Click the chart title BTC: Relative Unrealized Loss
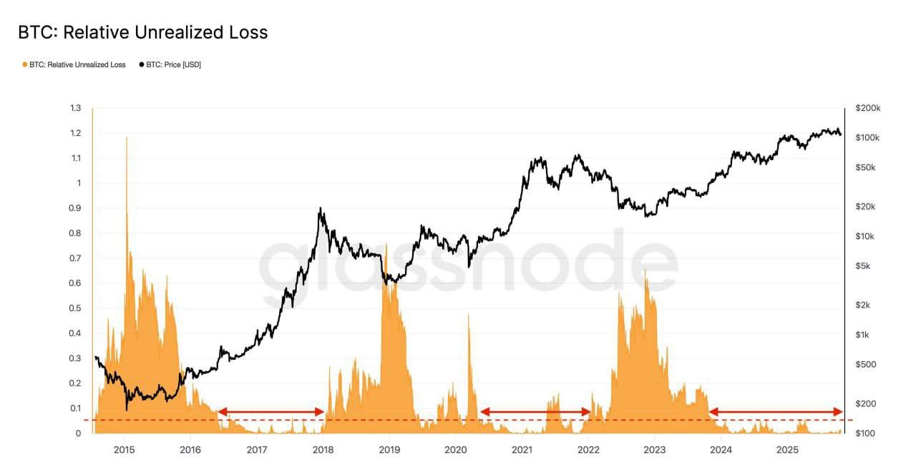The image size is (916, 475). pos(142,32)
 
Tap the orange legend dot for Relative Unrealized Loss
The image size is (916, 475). pos(25,64)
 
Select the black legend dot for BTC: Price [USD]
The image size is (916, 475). pos(142,64)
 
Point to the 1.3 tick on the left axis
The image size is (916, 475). pos(75,108)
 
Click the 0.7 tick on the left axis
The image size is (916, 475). pos(75,258)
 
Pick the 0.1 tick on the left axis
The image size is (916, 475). pos(75,408)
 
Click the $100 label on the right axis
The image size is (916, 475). pos(865,434)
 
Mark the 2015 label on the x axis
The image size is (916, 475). pos(125,449)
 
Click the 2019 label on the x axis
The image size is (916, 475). pos(389,449)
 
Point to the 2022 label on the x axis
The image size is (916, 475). pos(588,449)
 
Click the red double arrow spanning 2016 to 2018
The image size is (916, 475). pos(271,411)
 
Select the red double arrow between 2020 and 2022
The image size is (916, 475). pos(535,411)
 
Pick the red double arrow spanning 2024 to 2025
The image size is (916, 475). pos(776,411)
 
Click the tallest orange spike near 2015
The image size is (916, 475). pos(127,137)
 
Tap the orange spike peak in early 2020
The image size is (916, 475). pos(469,315)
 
